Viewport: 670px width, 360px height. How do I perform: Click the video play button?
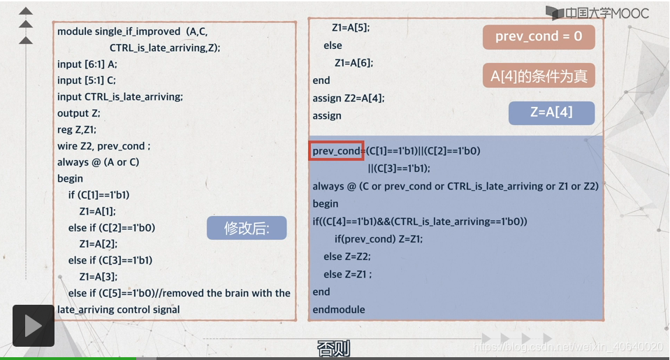(x=33, y=326)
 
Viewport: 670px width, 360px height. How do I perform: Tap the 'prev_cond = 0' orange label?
(x=538, y=36)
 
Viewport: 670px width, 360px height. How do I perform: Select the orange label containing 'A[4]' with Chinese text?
(x=538, y=75)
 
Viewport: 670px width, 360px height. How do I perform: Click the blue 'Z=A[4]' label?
(x=551, y=113)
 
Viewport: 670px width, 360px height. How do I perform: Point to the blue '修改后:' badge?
(x=246, y=228)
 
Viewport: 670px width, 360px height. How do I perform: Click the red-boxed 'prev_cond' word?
(x=336, y=150)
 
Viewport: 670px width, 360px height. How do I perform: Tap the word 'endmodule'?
(x=339, y=309)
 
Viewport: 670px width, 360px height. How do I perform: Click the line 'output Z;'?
(x=79, y=113)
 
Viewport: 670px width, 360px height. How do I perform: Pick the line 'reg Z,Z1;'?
(x=77, y=129)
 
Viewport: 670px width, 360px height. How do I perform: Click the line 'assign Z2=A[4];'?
(x=349, y=98)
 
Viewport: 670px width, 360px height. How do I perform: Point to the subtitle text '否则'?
(x=333, y=348)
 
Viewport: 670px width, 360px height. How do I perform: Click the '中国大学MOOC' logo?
(x=598, y=13)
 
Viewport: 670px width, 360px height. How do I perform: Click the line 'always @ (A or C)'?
(x=98, y=162)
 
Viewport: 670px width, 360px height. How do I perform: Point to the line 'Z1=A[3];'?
(x=98, y=276)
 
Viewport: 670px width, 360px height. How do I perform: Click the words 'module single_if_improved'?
(x=119, y=31)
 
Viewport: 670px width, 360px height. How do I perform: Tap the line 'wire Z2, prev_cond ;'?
(x=103, y=146)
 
